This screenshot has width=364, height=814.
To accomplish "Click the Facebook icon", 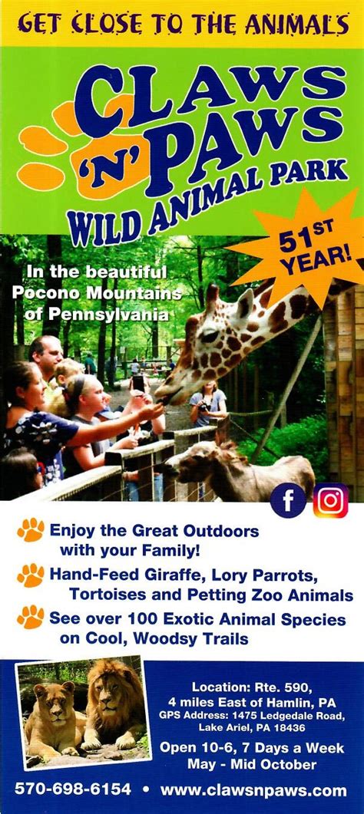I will tap(288, 501).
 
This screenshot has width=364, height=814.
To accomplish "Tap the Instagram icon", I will tap(330, 501).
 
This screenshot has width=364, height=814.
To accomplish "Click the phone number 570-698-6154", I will tap(73, 789).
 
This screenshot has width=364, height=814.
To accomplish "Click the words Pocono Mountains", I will tap(97, 293).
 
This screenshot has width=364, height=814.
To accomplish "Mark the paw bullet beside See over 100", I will tap(31, 618).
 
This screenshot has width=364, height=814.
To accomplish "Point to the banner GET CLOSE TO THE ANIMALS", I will tap(182, 25).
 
